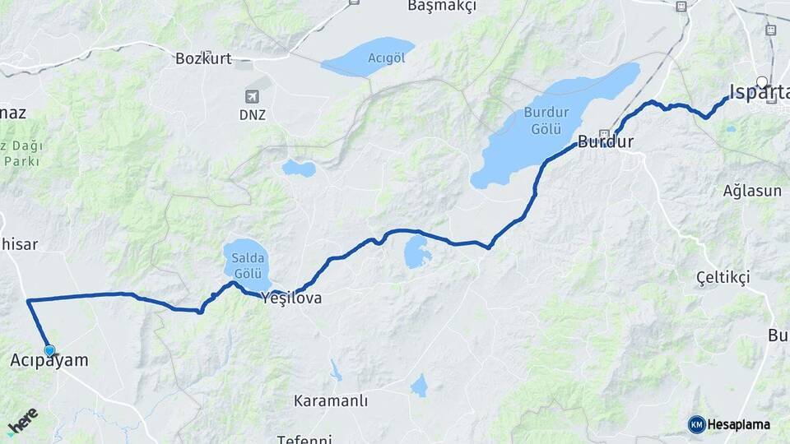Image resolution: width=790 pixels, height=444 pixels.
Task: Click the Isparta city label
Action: [760, 92]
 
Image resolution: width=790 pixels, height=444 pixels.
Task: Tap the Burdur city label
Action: [606, 141]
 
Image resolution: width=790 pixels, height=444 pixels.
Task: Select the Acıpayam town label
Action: [49, 360]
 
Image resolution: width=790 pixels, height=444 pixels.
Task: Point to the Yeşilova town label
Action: [290, 298]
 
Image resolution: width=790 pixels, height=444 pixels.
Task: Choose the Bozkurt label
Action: [203, 58]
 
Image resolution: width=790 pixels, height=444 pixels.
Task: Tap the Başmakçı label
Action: [443, 7]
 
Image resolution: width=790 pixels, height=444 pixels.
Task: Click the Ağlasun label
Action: [751, 191]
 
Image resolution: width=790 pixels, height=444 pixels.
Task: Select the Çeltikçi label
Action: [723, 277]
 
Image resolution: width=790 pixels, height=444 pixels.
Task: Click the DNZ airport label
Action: [253, 115]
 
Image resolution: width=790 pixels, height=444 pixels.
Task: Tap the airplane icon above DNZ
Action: [253, 96]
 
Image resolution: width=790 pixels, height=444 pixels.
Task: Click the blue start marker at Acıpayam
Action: [49, 351]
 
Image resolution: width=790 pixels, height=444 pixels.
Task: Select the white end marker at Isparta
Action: [763, 81]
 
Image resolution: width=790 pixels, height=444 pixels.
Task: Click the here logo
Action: [22, 422]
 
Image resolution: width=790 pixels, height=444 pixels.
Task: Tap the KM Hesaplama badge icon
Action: [697, 424]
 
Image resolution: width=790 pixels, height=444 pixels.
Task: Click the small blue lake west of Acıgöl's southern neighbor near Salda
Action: [298, 169]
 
